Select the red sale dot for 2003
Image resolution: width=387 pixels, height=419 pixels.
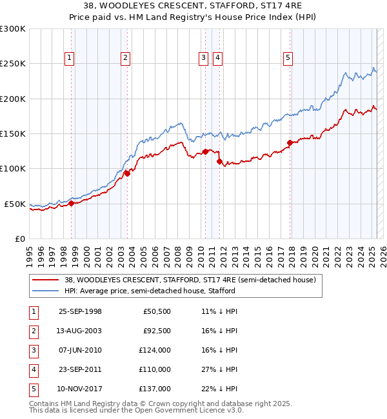(x=128, y=173)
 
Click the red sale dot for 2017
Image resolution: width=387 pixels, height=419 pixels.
(x=290, y=142)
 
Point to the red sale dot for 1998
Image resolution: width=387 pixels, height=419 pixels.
(x=72, y=203)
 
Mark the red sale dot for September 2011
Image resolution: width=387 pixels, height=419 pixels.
(x=220, y=161)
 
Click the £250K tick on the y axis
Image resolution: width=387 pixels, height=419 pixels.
(x=12, y=64)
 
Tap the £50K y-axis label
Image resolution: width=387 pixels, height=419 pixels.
(x=15, y=204)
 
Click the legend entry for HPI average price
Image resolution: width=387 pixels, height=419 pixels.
(x=150, y=291)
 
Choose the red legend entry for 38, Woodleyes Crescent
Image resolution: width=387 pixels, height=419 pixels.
(x=190, y=280)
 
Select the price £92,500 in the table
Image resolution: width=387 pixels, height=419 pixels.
(x=157, y=331)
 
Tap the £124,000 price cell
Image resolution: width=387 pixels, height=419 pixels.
(x=155, y=350)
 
